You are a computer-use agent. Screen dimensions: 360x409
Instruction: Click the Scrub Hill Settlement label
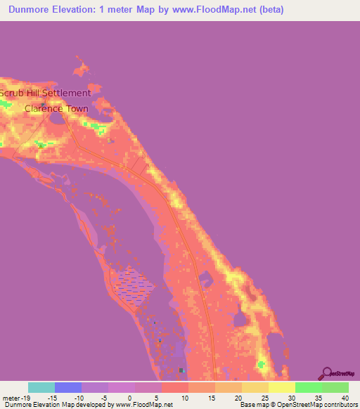pyautogui.click(x=46, y=93)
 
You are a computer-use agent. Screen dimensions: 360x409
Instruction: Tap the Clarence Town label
pyautogui.click(x=56, y=108)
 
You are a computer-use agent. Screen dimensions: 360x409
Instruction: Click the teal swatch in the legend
pyautogui.click(x=41, y=387)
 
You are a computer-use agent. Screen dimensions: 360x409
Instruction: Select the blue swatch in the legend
pyautogui.click(x=67, y=387)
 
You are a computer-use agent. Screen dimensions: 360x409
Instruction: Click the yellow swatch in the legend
pyautogui.click(x=281, y=387)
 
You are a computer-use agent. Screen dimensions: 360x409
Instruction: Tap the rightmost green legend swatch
pyautogui.click(x=335, y=387)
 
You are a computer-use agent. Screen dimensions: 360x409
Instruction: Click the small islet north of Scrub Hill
pyautogui.click(x=82, y=70)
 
